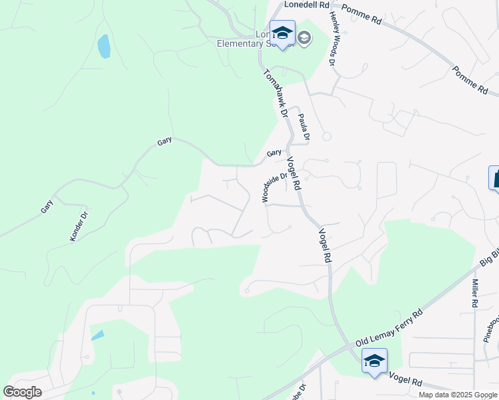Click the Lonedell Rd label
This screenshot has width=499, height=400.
307,5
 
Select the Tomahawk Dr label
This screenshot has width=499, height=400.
275,94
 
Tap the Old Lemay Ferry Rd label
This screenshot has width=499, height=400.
390,327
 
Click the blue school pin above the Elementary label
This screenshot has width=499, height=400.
282,33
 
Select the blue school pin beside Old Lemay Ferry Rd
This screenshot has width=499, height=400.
374,362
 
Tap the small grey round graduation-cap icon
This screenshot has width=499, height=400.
304,39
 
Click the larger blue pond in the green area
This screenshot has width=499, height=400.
104,47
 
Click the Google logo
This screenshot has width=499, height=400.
22,392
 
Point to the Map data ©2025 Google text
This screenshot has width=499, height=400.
458,395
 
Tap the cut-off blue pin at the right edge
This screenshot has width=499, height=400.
494,178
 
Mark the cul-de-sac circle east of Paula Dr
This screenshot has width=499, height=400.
327,136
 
